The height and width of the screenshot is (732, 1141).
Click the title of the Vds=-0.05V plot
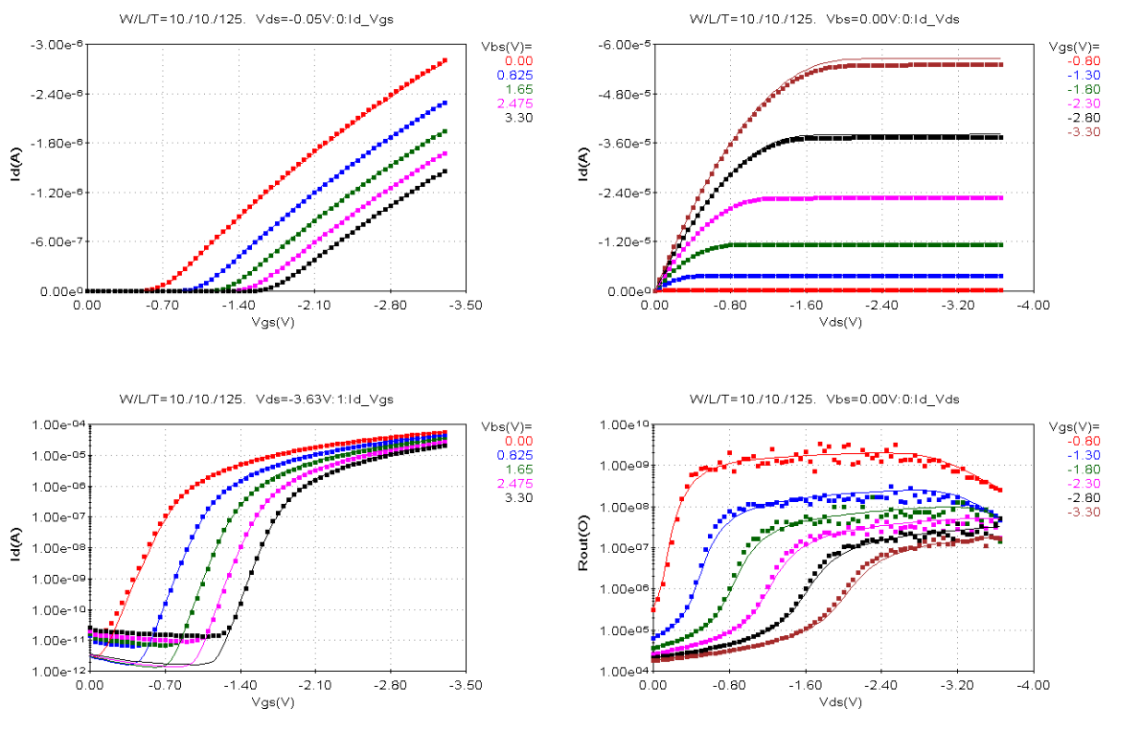coord(256,19)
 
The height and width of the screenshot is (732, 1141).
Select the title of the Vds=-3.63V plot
coord(256,399)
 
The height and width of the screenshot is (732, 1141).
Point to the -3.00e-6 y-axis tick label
coord(58,45)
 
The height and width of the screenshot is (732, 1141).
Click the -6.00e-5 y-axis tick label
coord(626,45)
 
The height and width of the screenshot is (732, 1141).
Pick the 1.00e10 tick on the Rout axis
coord(628,424)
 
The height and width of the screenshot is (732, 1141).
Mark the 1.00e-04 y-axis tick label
coord(58,424)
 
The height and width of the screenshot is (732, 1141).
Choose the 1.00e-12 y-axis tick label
coord(58,671)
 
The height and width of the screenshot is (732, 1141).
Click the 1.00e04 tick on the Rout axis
coord(628,671)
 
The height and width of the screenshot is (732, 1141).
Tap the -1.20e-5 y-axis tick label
coord(626,241)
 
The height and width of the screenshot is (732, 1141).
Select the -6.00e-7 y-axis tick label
coord(58,241)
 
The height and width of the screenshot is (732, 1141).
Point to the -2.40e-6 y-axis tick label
coord(58,94)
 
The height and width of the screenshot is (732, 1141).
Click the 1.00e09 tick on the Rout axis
coord(628,466)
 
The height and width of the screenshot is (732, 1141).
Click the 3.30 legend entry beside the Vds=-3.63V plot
coord(518,497)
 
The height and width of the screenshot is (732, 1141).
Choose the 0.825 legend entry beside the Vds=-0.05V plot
coord(515,75)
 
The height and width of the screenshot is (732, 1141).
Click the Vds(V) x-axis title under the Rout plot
coord(843,701)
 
